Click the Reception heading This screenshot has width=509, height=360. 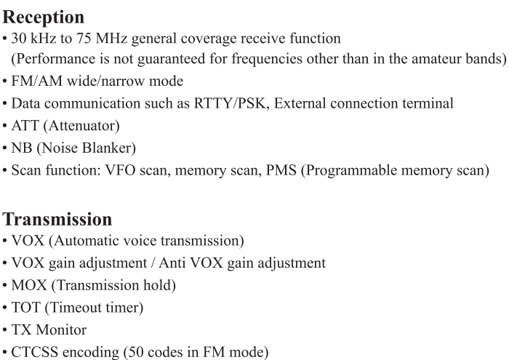pyautogui.click(x=43, y=17)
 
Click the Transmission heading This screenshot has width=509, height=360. pyautogui.click(x=57, y=219)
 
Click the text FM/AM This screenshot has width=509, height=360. pyautogui.click(x=36, y=81)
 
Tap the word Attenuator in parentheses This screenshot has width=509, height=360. pyautogui.click(x=84, y=126)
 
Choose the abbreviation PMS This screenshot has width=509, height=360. pyautogui.click(x=281, y=170)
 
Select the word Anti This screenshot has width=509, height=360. pyautogui.click(x=171, y=263)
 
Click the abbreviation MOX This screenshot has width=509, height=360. pyautogui.click(x=29, y=285)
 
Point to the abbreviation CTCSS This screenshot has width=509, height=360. pyautogui.click(x=34, y=352)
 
